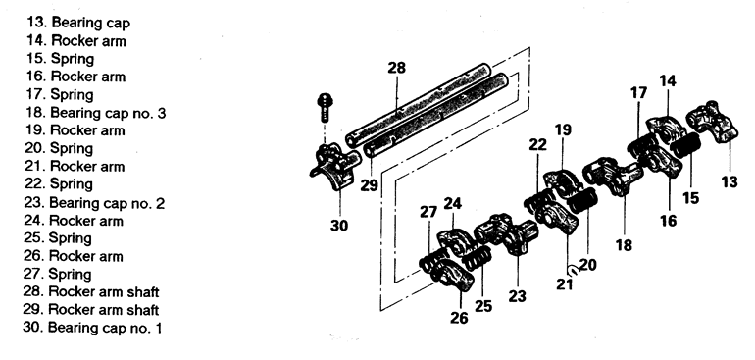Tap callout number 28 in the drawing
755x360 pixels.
coord(397,68)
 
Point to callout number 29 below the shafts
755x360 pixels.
coord(370,185)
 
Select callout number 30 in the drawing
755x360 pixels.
coord(339,225)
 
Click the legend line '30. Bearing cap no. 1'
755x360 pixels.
coord(92,329)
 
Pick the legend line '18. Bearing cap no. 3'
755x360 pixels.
coord(95,113)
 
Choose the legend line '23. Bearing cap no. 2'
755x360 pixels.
coord(94,203)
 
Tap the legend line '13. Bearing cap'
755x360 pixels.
coord(78,23)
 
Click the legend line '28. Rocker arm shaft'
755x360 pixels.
coord(91,292)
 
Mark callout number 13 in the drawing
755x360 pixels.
coord(729,182)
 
